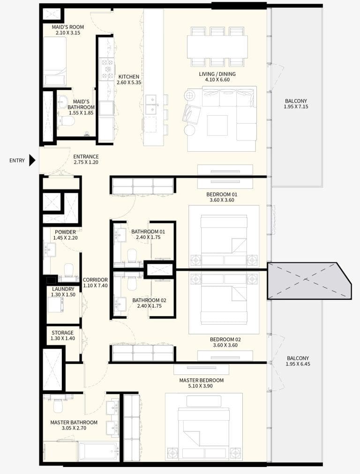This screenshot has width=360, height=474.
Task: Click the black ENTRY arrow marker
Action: click(x=32, y=161)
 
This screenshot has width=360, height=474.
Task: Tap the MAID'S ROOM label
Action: click(x=68, y=27)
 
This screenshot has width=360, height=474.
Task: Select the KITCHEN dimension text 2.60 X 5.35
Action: click(x=128, y=83)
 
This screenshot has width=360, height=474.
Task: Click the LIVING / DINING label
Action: click(x=217, y=74)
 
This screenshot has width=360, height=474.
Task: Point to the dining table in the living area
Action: click(x=217, y=47)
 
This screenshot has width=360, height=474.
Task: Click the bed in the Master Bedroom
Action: click(x=204, y=428)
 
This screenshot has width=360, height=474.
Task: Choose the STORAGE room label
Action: click(x=62, y=333)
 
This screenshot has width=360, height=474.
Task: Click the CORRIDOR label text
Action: click(x=95, y=280)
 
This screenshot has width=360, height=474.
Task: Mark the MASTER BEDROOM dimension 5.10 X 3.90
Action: click(x=201, y=387)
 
